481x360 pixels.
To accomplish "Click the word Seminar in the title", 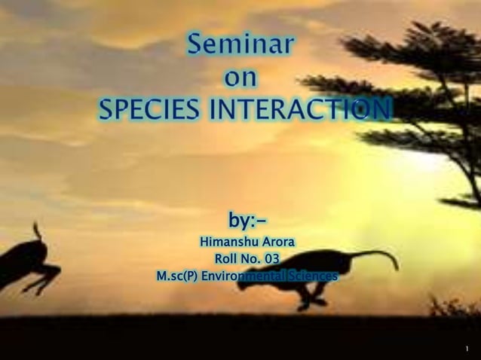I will (x=240, y=47).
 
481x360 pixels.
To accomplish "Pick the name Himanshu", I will (x=226, y=243).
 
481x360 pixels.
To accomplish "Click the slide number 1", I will (x=467, y=349).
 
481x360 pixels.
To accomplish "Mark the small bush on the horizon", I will (x=452, y=307).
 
